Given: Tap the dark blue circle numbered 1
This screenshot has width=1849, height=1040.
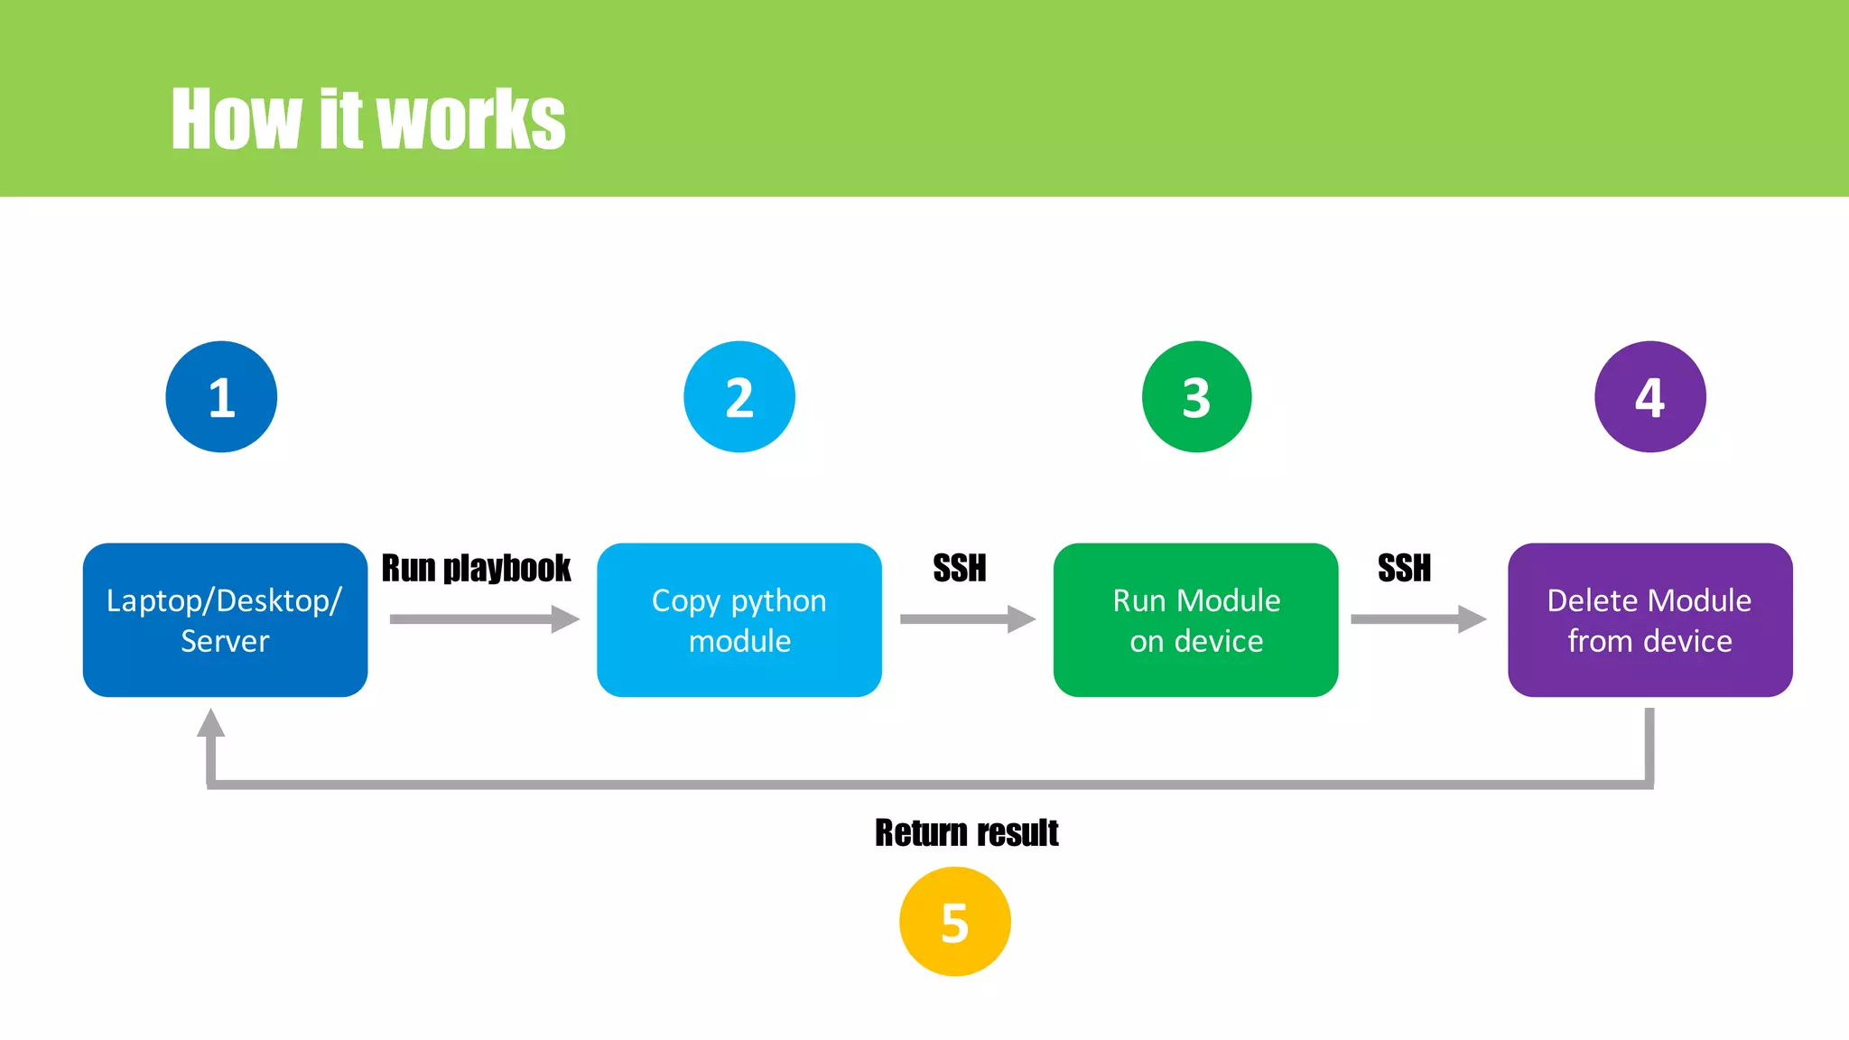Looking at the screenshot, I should click(x=221, y=396).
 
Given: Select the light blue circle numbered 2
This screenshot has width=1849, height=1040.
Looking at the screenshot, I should click(x=739, y=396).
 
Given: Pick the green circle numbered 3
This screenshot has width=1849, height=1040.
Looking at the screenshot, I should click(x=1196, y=396).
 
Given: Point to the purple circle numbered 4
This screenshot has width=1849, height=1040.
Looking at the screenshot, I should click(x=1649, y=396).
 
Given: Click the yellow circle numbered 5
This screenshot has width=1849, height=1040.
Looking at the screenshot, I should click(x=954, y=922).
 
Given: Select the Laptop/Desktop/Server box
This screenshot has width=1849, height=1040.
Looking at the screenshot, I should click(x=225, y=620).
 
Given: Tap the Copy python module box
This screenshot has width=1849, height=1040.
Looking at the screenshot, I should click(x=739, y=620).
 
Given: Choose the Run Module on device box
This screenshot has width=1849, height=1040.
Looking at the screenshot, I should click(x=1195, y=620).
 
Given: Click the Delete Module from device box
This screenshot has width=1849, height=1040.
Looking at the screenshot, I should click(x=1649, y=620).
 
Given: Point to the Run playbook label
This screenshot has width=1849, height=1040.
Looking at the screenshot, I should click(x=476, y=568).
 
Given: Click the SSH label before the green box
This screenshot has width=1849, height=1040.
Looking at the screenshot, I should click(x=959, y=568).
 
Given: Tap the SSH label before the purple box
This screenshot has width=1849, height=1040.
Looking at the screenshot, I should click(x=1404, y=568).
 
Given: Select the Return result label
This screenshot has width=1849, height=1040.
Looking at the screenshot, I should click(x=966, y=832).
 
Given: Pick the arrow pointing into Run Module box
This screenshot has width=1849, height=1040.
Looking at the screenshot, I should click(x=967, y=619).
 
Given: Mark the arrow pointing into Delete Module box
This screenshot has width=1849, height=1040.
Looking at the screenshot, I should click(x=1417, y=619).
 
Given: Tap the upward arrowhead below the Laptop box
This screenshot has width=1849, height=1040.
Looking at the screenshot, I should click(x=210, y=723).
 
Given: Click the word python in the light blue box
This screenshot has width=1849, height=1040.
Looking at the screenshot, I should click(x=778, y=601).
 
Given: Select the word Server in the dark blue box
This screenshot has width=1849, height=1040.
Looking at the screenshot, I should click(x=225, y=641).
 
